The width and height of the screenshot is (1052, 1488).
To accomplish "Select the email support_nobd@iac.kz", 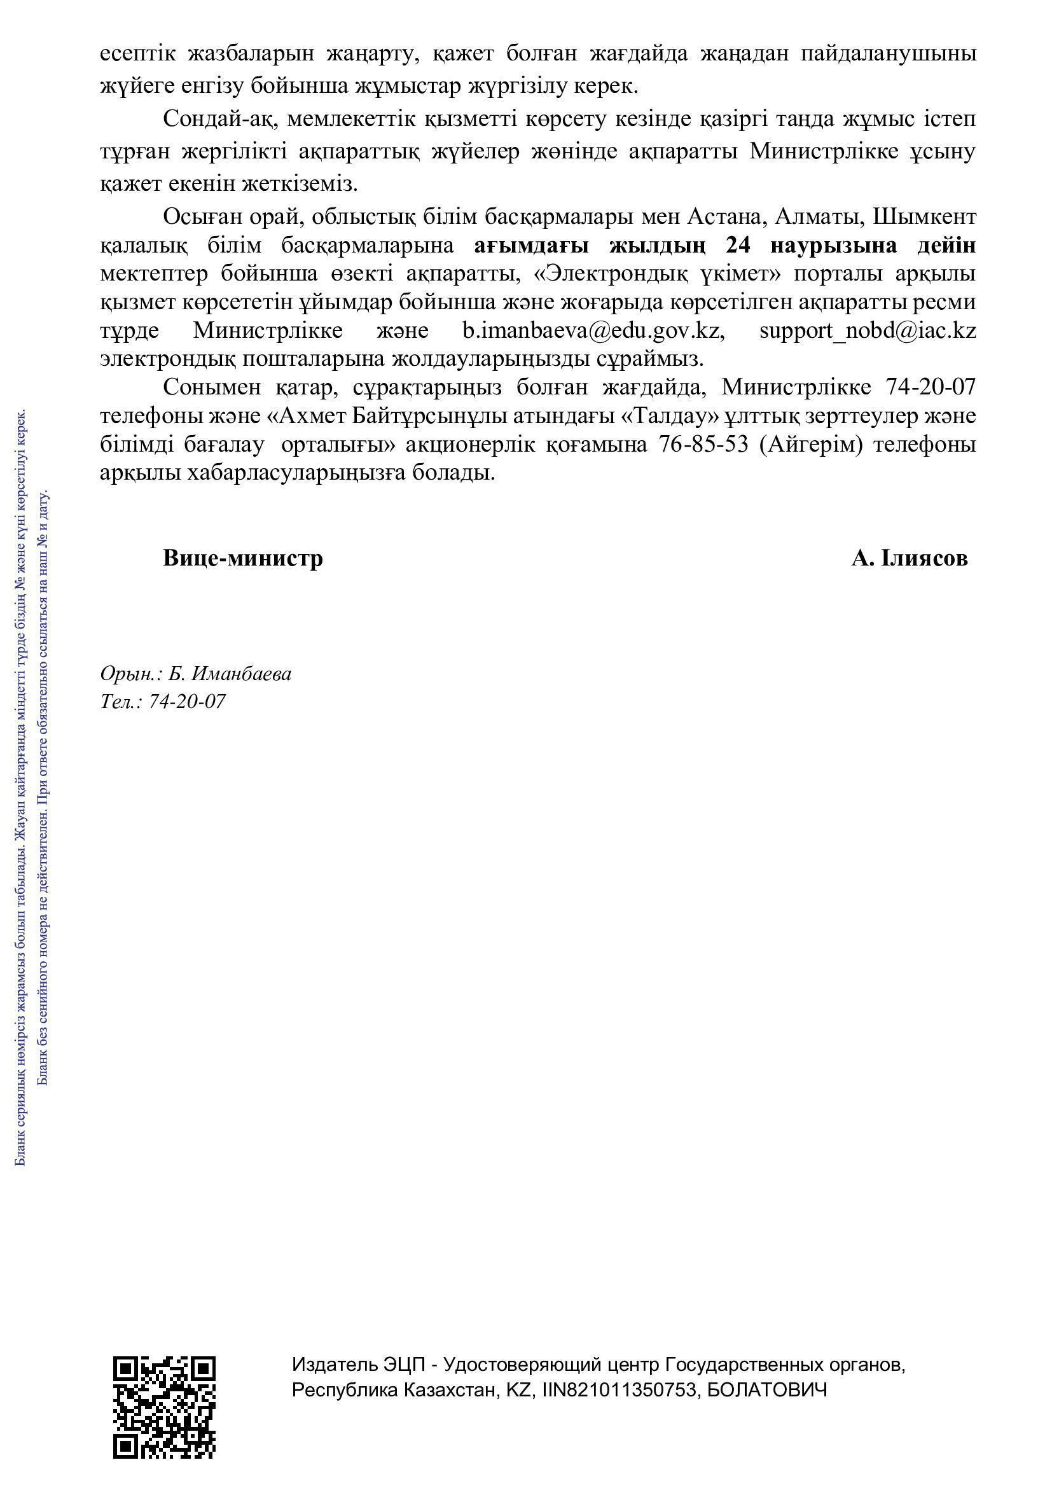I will (x=868, y=331).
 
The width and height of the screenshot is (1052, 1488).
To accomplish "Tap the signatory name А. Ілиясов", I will (x=910, y=558).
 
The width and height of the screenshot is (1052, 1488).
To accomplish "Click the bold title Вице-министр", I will (x=243, y=558).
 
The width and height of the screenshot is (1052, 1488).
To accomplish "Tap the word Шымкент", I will (x=924, y=216).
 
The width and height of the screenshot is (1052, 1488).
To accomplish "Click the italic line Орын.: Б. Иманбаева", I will (x=196, y=674).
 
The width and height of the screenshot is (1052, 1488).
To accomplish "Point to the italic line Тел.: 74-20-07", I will (x=163, y=701).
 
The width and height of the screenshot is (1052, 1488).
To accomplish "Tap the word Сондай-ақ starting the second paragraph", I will (x=220, y=119).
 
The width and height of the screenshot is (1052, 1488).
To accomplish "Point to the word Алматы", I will (x=817, y=216).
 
